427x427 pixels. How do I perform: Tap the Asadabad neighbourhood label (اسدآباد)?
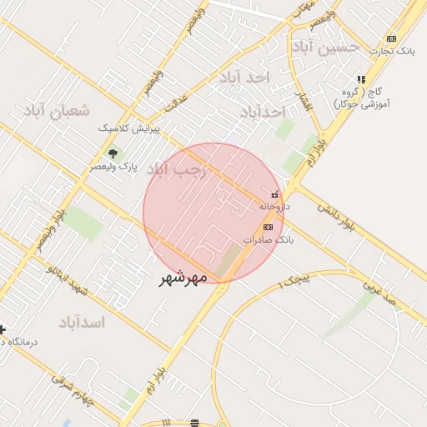[83, 322]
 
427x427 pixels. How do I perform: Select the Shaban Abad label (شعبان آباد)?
[57, 111]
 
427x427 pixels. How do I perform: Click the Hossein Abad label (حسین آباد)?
[331, 46]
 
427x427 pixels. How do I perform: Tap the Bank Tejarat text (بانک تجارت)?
[394, 52]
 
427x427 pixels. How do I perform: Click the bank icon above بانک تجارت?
[391, 38]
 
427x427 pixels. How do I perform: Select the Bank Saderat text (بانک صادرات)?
[269, 239]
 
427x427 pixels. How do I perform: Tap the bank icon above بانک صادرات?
[268, 227]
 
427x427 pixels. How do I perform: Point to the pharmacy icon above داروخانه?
[275, 194]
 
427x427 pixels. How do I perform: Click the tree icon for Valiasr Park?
[113, 153]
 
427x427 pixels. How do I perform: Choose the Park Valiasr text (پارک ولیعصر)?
[114, 167]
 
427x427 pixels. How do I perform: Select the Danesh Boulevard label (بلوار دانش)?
[344, 221]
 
